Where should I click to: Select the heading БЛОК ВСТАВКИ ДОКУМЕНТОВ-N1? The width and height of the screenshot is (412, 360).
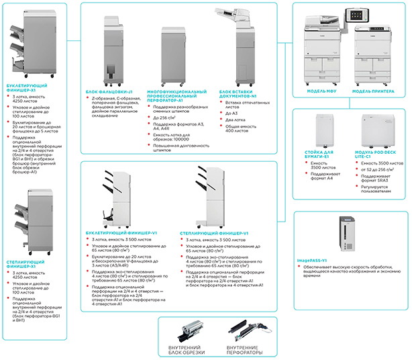click(x=238, y=93)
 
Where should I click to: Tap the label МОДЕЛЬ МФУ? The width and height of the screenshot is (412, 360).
click(x=321, y=91)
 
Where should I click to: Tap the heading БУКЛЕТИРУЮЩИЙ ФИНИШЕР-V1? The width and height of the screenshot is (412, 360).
click(x=121, y=233)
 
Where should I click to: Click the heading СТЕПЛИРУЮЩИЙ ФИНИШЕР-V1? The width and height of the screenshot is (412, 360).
click(x=215, y=233)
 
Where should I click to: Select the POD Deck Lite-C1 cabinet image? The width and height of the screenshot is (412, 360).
click(x=376, y=131)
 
